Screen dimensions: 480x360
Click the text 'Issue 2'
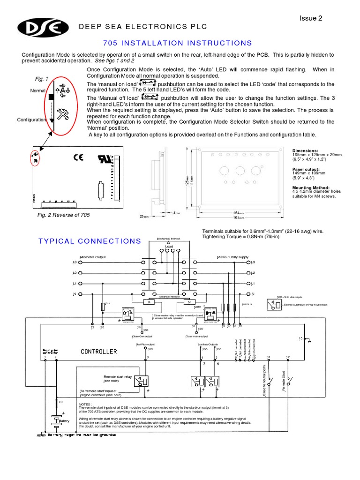click(311, 18)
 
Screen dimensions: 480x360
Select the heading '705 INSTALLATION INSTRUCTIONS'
click(177, 43)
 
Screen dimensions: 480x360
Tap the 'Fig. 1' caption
click(42, 78)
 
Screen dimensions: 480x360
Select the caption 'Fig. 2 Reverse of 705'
click(64, 215)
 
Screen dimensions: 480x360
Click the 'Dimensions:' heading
click(305, 150)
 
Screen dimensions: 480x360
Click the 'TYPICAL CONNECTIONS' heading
click(90, 241)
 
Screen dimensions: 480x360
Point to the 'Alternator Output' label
click(93, 257)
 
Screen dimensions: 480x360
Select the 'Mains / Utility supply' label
click(232, 257)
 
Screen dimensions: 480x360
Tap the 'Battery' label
click(64, 421)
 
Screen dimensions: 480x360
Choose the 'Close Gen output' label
click(142, 336)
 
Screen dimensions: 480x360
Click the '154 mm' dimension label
click(239, 213)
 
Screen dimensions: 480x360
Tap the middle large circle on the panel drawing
click(240, 171)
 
